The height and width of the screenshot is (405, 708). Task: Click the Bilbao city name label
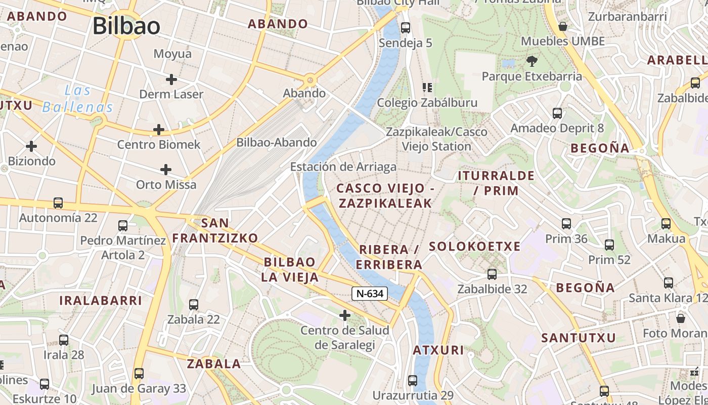pyautogui.click(x=126, y=26)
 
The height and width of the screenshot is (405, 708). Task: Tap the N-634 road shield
pyautogui.click(x=370, y=293)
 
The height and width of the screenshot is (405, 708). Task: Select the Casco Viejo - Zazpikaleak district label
pyautogui.click(x=385, y=195)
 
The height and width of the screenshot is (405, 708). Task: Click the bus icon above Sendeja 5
pyautogui.click(x=405, y=28)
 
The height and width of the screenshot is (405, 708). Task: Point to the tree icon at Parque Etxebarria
pyautogui.click(x=532, y=61)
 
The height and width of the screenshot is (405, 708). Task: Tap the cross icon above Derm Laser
pyautogui.click(x=171, y=79)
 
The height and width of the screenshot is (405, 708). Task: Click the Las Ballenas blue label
pyautogui.click(x=78, y=99)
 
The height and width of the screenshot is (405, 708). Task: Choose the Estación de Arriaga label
pyautogui.click(x=343, y=167)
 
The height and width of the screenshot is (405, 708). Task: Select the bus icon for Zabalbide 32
pyautogui.click(x=492, y=274)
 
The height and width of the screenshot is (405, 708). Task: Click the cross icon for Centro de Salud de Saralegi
pyautogui.click(x=345, y=316)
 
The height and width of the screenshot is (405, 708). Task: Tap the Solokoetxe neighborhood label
pyautogui.click(x=474, y=247)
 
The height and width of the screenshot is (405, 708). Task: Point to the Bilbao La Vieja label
pyautogui.click(x=290, y=269)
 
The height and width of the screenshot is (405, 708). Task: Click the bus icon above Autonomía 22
pyautogui.click(x=58, y=203)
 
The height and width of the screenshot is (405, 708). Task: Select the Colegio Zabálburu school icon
pyautogui.click(x=427, y=88)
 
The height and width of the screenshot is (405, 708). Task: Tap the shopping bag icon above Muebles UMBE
pyautogui.click(x=562, y=26)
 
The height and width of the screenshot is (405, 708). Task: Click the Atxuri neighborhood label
pyautogui.click(x=438, y=350)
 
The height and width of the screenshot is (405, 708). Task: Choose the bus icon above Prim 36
pyautogui.click(x=566, y=223)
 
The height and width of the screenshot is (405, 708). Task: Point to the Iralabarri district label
pyautogui.click(x=101, y=300)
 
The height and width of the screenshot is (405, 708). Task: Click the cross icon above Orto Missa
pyautogui.click(x=166, y=170)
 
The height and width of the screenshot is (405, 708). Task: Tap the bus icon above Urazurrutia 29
pyautogui.click(x=413, y=380)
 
